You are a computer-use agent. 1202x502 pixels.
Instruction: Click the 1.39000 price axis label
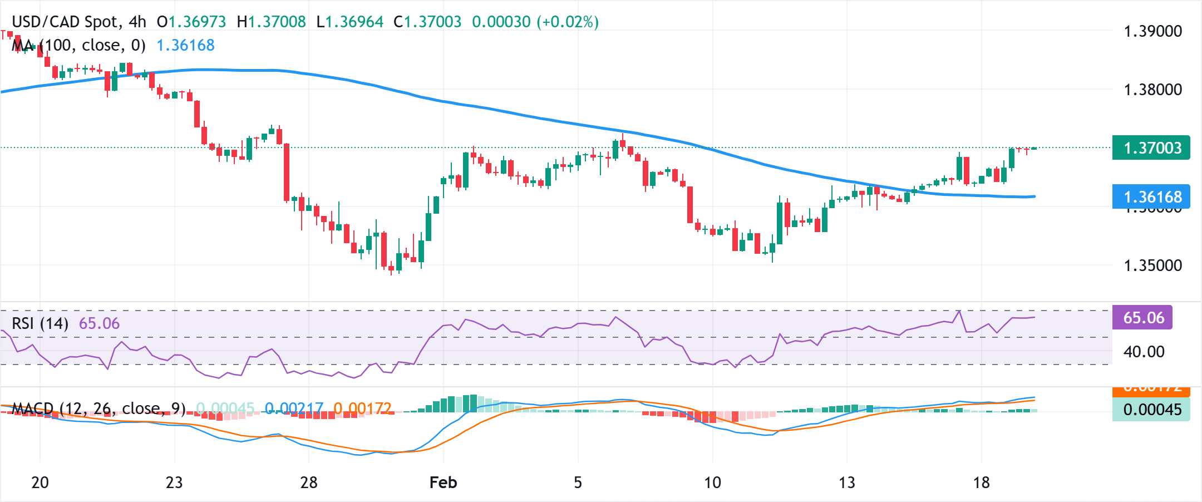tap(1152, 31)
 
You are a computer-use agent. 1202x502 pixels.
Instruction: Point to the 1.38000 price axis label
tap(1152, 90)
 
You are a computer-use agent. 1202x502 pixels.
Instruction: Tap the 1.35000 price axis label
tap(1152, 265)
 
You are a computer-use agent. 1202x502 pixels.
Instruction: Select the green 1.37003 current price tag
tap(1151, 148)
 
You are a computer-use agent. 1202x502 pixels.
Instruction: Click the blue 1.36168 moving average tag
tap(1151, 197)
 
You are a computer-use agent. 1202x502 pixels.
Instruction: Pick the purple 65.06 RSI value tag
tap(1142, 318)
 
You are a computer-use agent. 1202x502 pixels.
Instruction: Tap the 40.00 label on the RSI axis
tap(1144, 352)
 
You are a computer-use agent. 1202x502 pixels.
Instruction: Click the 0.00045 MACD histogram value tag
tap(1151, 410)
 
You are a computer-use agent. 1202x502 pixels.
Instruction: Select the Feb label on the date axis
tap(443, 483)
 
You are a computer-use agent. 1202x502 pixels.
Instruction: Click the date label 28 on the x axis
tap(309, 483)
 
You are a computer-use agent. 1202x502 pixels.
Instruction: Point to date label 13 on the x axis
tap(847, 483)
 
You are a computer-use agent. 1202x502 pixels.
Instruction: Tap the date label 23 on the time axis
tap(174, 483)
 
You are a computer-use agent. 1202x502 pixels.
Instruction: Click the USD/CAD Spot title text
tap(65, 22)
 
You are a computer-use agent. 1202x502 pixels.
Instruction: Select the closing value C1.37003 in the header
tap(427, 22)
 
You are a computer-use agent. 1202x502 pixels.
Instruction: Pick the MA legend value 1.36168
tap(185, 45)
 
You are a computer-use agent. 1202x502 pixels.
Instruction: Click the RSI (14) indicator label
tap(40, 323)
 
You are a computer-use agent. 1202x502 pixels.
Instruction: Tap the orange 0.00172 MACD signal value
tap(362, 409)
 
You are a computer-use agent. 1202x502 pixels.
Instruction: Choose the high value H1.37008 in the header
tap(271, 22)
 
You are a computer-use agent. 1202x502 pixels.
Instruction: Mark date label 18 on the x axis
tap(982, 483)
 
